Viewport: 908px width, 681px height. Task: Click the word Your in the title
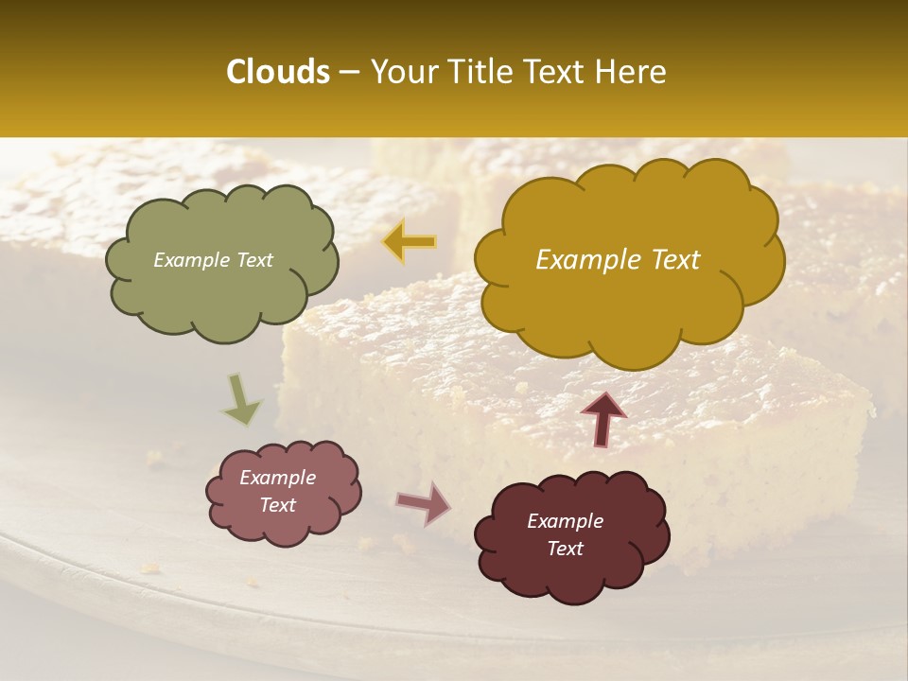point(401,72)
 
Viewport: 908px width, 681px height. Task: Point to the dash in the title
point(348,73)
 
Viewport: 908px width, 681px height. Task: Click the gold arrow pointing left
point(409,241)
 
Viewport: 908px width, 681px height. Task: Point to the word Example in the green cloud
point(190,260)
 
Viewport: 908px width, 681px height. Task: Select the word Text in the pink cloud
point(278,505)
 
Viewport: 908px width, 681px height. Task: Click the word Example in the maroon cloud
point(565,521)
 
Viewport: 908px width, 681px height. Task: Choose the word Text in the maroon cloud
point(565,549)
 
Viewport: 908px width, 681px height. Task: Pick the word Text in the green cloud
point(253,260)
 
